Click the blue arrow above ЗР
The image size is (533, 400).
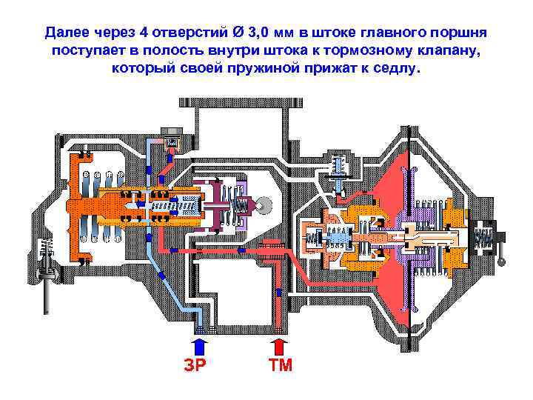pyautogui.click(x=199, y=346)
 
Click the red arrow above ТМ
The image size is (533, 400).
pyautogui.click(x=278, y=346)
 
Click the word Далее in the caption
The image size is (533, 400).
pyautogui.click(x=69, y=33)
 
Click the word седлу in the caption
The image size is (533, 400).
pyautogui.click(x=398, y=69)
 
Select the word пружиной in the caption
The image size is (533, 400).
pyautogui.click(x=264, y=69)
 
